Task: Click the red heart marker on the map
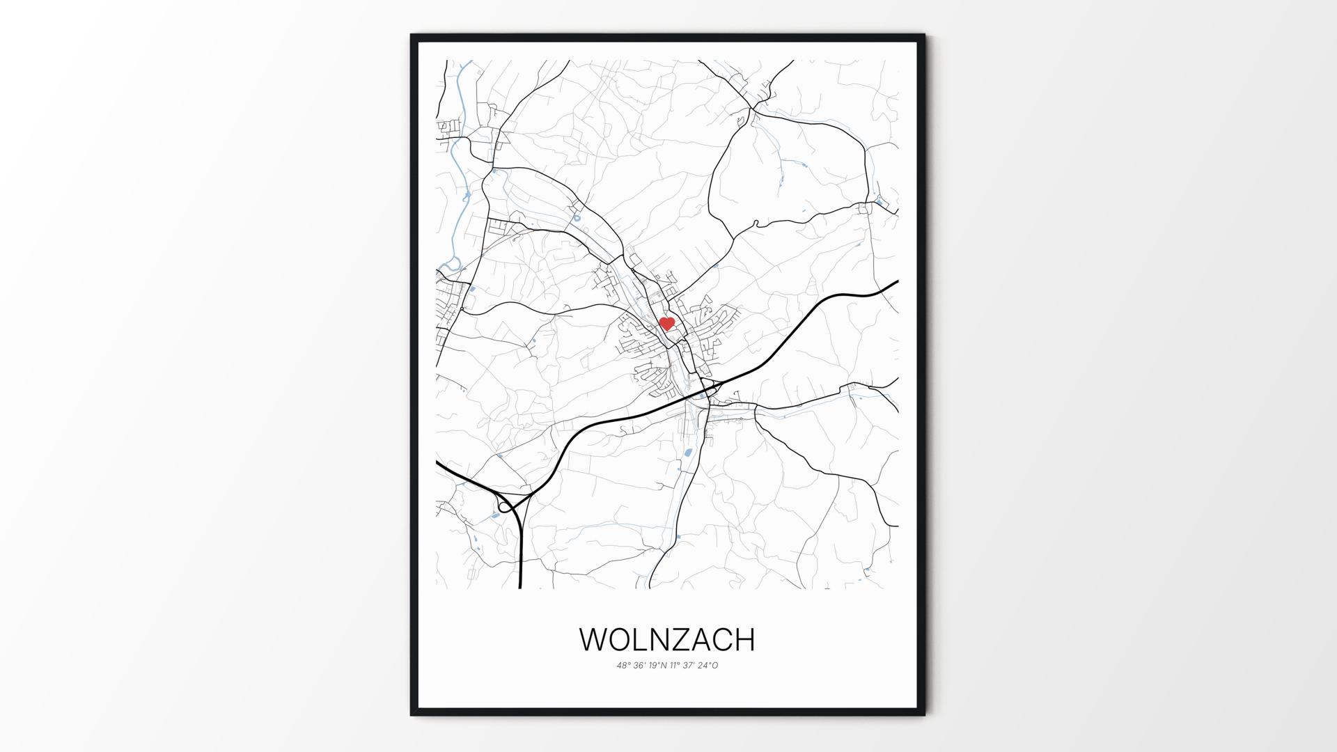coord(667,323)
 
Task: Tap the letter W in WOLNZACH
coord(596,640)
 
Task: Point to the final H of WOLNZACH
coord(744,640)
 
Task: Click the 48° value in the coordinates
coord(623,666)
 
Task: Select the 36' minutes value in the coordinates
coord(639,666)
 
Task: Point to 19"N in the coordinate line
coord(657,666)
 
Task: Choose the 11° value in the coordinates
coord(675,666)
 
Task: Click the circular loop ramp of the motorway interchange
coord(504,506)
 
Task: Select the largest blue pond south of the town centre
coord(688,453)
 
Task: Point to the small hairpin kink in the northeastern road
coord(756,224)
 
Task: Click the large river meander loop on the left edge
coord(453,265)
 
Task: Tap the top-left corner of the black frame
coord(412,36)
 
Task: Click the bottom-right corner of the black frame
coord(924,714)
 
